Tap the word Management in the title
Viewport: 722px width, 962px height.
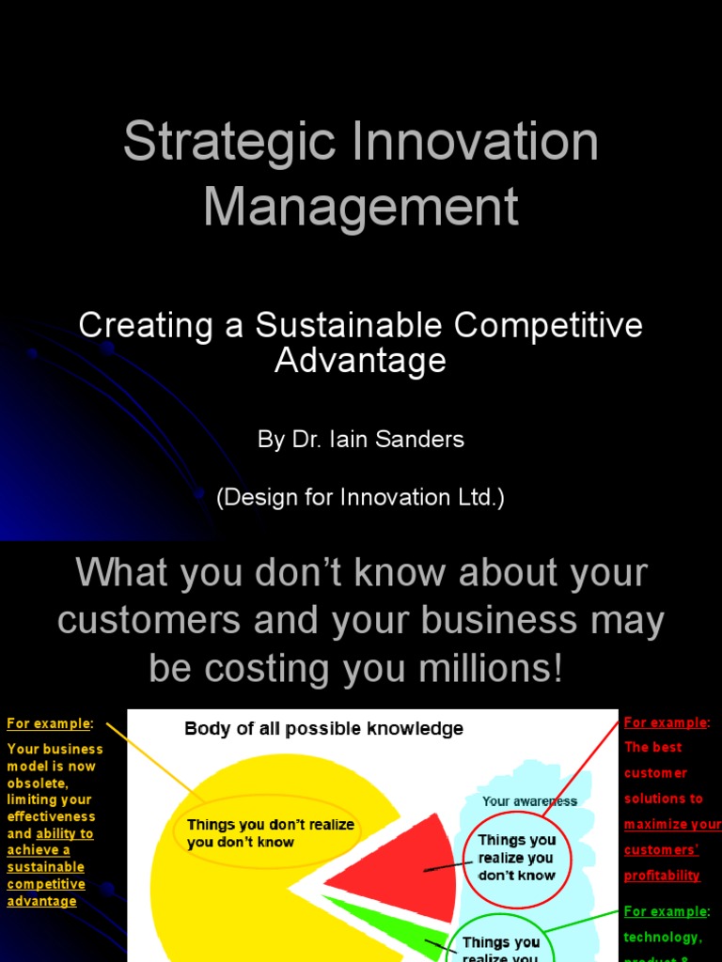click(361, 207)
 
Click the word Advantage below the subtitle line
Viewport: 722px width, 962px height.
click(361, 360)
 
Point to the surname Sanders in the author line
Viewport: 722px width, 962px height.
click(424, 440)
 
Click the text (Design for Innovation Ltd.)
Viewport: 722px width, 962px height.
click(361, 498)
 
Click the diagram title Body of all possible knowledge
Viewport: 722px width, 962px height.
click(323, 729)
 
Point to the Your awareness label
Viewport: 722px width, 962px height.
click(529, 801)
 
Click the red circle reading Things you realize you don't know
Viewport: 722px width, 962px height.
click(516, 858)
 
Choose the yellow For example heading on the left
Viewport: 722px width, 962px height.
click(49, 723)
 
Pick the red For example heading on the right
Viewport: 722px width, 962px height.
click(666, 722)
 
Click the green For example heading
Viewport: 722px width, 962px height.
click(666, 911)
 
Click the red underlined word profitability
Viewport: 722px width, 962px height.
click(662, 876)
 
